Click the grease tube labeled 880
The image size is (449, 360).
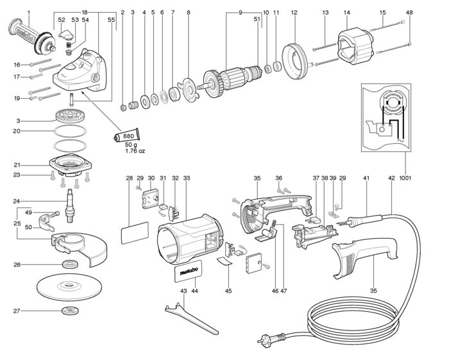click(126, 136)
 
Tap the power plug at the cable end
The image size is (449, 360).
click(271, 338)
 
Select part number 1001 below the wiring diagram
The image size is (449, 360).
click(405, 178)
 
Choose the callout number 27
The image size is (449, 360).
click(16, 311)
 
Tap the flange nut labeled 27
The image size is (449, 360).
click(69, 311)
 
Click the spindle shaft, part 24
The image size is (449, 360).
click(70, 205)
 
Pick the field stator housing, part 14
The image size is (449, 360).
click(355, 48)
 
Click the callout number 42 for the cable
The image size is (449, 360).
click(391, 178)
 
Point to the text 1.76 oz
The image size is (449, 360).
click(135, 151)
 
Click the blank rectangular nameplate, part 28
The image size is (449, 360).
click(135, 232)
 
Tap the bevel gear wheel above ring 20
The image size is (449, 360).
click(70, 116)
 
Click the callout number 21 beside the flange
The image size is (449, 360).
click(17, 165)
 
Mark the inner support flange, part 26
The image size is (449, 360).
click(71, 264)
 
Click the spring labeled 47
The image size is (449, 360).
click(274, 223)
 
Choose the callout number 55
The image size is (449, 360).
click(112, 20)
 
